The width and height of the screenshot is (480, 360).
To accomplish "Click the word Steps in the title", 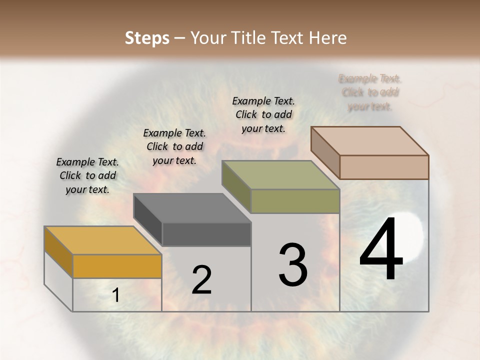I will tap(147, 38).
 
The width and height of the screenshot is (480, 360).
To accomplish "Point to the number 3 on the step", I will tap(292, 264).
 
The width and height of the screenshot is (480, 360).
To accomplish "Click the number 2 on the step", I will tap(201, 280).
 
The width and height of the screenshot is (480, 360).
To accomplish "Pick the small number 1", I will tap(116, 296).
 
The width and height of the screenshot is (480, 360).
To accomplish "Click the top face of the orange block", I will tap(102, 240).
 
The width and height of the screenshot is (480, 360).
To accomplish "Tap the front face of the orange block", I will tap(117, 266).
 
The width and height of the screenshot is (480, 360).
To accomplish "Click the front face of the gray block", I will tap(206, 234).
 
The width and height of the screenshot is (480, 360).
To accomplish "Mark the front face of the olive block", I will tap(295, 201).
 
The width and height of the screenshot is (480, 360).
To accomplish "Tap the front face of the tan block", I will tap(384, 167).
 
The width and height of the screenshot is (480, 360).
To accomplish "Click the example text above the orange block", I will tap(87, 175).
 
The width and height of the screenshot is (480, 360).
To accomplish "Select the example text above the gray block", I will tap(174, 146).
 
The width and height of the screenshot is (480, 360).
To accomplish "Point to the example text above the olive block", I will tap(263, 114).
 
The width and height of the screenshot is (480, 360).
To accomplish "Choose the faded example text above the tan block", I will tap(370, 92).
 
